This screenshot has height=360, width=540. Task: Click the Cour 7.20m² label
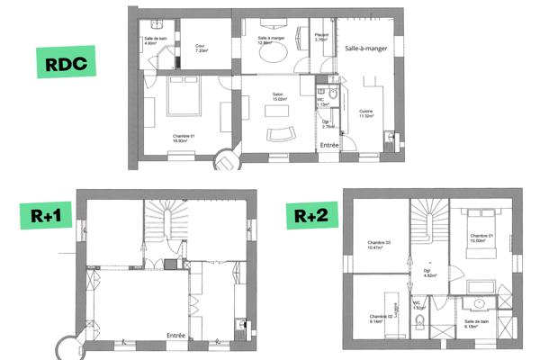point(202,49)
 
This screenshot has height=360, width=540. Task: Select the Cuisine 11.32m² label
point(366,113)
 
